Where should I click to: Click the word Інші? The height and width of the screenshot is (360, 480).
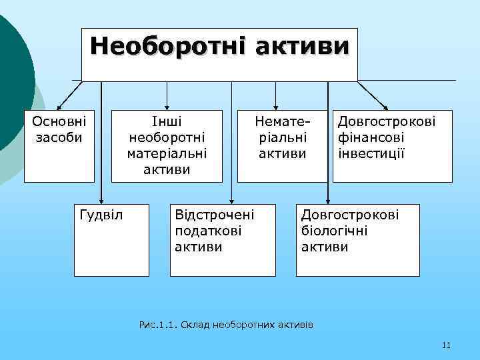coord(167,122)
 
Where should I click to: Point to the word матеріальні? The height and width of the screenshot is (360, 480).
coord(167,153)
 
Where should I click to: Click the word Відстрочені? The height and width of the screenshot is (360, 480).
coord(215,215)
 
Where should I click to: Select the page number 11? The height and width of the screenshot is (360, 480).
coord(446,345)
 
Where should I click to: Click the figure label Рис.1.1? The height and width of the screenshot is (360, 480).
coord(157,325)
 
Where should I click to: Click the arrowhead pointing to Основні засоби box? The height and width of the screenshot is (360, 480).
coord(59,107)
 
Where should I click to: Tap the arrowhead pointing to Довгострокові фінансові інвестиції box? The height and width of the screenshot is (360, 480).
coord(387,106)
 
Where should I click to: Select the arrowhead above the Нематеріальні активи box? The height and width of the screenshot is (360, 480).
coord(282,106)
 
